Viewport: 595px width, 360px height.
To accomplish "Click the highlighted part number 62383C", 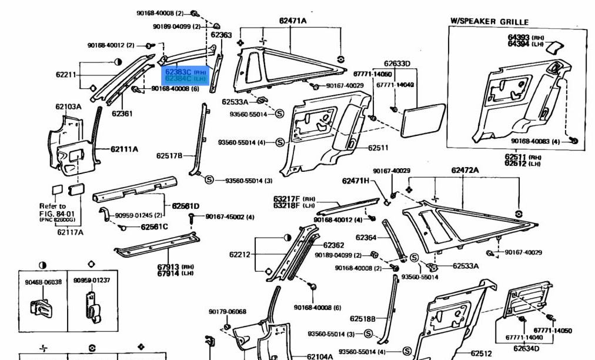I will [x=178, y=72].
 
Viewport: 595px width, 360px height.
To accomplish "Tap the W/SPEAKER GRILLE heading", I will [x=489, y=22].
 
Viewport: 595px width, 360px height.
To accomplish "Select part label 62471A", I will [x=293, y=21].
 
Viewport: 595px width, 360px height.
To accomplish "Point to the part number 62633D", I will [x=397, y=64].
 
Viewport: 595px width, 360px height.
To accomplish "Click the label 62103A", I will [x=68, y=106].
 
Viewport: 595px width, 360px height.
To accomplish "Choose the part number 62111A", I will [x=124, y=149].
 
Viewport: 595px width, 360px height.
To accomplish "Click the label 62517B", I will [x=169, y=156].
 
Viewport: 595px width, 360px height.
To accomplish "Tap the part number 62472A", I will [x=465, y=170].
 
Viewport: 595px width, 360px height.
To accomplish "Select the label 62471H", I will [x=356, y=181].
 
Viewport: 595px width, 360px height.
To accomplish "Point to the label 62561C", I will [x=154, y=227].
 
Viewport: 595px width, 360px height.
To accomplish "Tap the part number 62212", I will [x=240, y=255].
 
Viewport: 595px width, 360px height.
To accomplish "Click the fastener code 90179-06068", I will [x=227, y=312].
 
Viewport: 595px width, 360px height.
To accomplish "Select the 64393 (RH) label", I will [x=520, y=37].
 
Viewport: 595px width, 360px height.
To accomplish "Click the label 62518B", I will [x=362, y=319].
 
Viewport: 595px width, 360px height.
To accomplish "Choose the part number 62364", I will [x=366, y=238].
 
